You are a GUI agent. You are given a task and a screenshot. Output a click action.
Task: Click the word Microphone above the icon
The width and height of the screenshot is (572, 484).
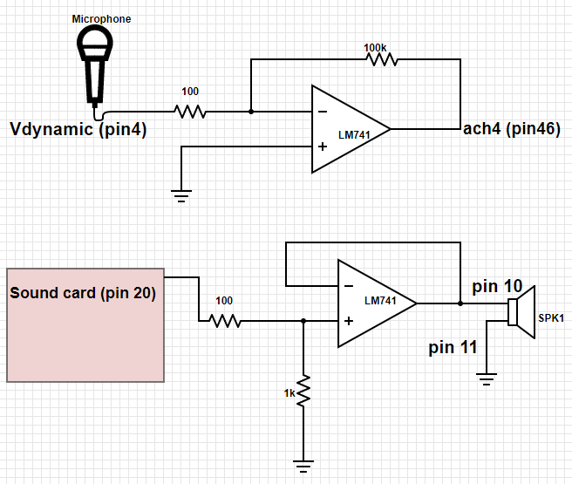(x=101, y=18)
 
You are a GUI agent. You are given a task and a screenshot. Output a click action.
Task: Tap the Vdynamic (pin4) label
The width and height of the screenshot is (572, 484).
(x=78, y=131)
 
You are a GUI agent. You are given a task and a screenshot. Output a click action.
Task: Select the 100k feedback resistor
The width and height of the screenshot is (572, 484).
(x=381, y=59)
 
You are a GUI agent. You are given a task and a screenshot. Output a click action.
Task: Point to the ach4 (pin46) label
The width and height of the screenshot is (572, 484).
(x=511, y=129)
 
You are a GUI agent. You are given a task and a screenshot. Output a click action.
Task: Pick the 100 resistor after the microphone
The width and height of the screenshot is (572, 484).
(x=190, y=112)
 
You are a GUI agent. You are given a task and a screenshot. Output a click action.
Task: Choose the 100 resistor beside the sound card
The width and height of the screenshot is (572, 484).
(x=224, y=321)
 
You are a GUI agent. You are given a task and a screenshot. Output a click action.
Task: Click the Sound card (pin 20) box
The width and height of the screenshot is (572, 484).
(x=85, y=324)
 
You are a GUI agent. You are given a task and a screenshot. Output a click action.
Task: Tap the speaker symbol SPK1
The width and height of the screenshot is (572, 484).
(x=524, y=311)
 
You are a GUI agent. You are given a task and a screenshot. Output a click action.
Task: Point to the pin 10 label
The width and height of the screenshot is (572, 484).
(x=497, y=286)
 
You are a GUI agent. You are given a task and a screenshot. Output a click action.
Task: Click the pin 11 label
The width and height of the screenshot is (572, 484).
(x=453, y=347)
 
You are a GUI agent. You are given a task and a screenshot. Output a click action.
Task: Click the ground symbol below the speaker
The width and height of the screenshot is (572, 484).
(x=487, y=378)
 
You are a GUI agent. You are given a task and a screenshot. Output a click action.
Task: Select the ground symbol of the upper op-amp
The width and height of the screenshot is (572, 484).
(x=181, y=195)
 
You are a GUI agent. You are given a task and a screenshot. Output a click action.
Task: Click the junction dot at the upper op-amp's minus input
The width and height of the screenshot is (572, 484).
(x=251, y=112)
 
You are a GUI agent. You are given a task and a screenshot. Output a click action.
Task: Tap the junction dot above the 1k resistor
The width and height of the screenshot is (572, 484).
(x=303, y=321)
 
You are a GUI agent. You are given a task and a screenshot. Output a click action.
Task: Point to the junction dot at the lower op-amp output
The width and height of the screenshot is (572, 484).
(x=460, y=303)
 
